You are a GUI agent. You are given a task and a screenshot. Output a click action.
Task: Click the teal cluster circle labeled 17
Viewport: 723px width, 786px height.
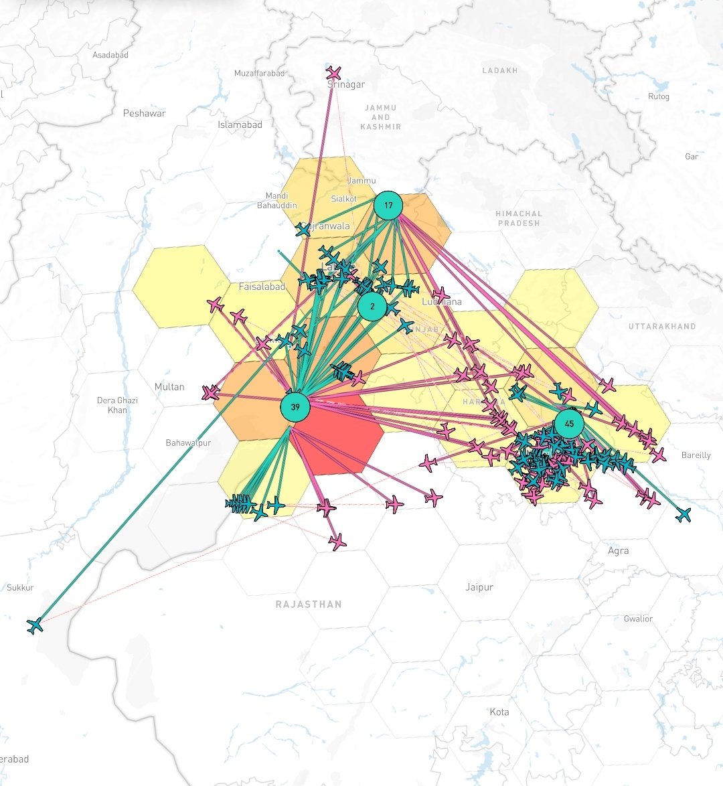388,206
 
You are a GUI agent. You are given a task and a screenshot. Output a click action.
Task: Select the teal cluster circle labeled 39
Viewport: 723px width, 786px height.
295,407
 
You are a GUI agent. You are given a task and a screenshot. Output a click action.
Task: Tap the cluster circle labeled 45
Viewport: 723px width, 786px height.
569,424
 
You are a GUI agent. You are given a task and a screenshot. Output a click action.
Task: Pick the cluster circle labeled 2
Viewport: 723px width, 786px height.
372,307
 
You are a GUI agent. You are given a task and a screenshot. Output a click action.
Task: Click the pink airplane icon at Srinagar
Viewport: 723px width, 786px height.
333,72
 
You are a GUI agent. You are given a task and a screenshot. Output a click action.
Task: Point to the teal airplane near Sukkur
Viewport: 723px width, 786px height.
35,626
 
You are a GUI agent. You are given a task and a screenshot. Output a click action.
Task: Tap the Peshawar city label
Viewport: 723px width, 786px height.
144,113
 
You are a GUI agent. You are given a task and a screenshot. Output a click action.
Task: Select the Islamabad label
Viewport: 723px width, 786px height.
240,125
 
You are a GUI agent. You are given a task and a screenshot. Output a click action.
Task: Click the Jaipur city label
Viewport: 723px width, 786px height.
479,587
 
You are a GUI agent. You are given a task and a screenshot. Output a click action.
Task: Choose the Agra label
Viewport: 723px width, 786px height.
618,550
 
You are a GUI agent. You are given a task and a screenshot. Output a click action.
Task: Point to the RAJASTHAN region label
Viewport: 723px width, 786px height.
309,604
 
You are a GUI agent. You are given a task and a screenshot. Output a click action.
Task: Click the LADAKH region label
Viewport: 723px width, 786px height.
499,70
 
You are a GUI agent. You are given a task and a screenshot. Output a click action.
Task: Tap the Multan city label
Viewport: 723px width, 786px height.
169,387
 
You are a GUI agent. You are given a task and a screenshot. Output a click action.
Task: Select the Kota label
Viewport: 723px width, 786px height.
499,712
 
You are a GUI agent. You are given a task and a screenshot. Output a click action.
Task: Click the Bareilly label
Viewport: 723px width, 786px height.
696,455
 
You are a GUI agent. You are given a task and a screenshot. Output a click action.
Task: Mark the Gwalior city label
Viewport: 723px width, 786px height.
637,619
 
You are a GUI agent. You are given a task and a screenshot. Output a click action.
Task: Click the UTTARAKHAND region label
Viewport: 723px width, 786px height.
661,327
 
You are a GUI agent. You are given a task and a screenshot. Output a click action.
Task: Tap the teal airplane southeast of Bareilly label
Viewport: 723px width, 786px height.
683,514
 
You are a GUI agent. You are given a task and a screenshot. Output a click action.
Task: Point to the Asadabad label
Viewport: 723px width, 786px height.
110,55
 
